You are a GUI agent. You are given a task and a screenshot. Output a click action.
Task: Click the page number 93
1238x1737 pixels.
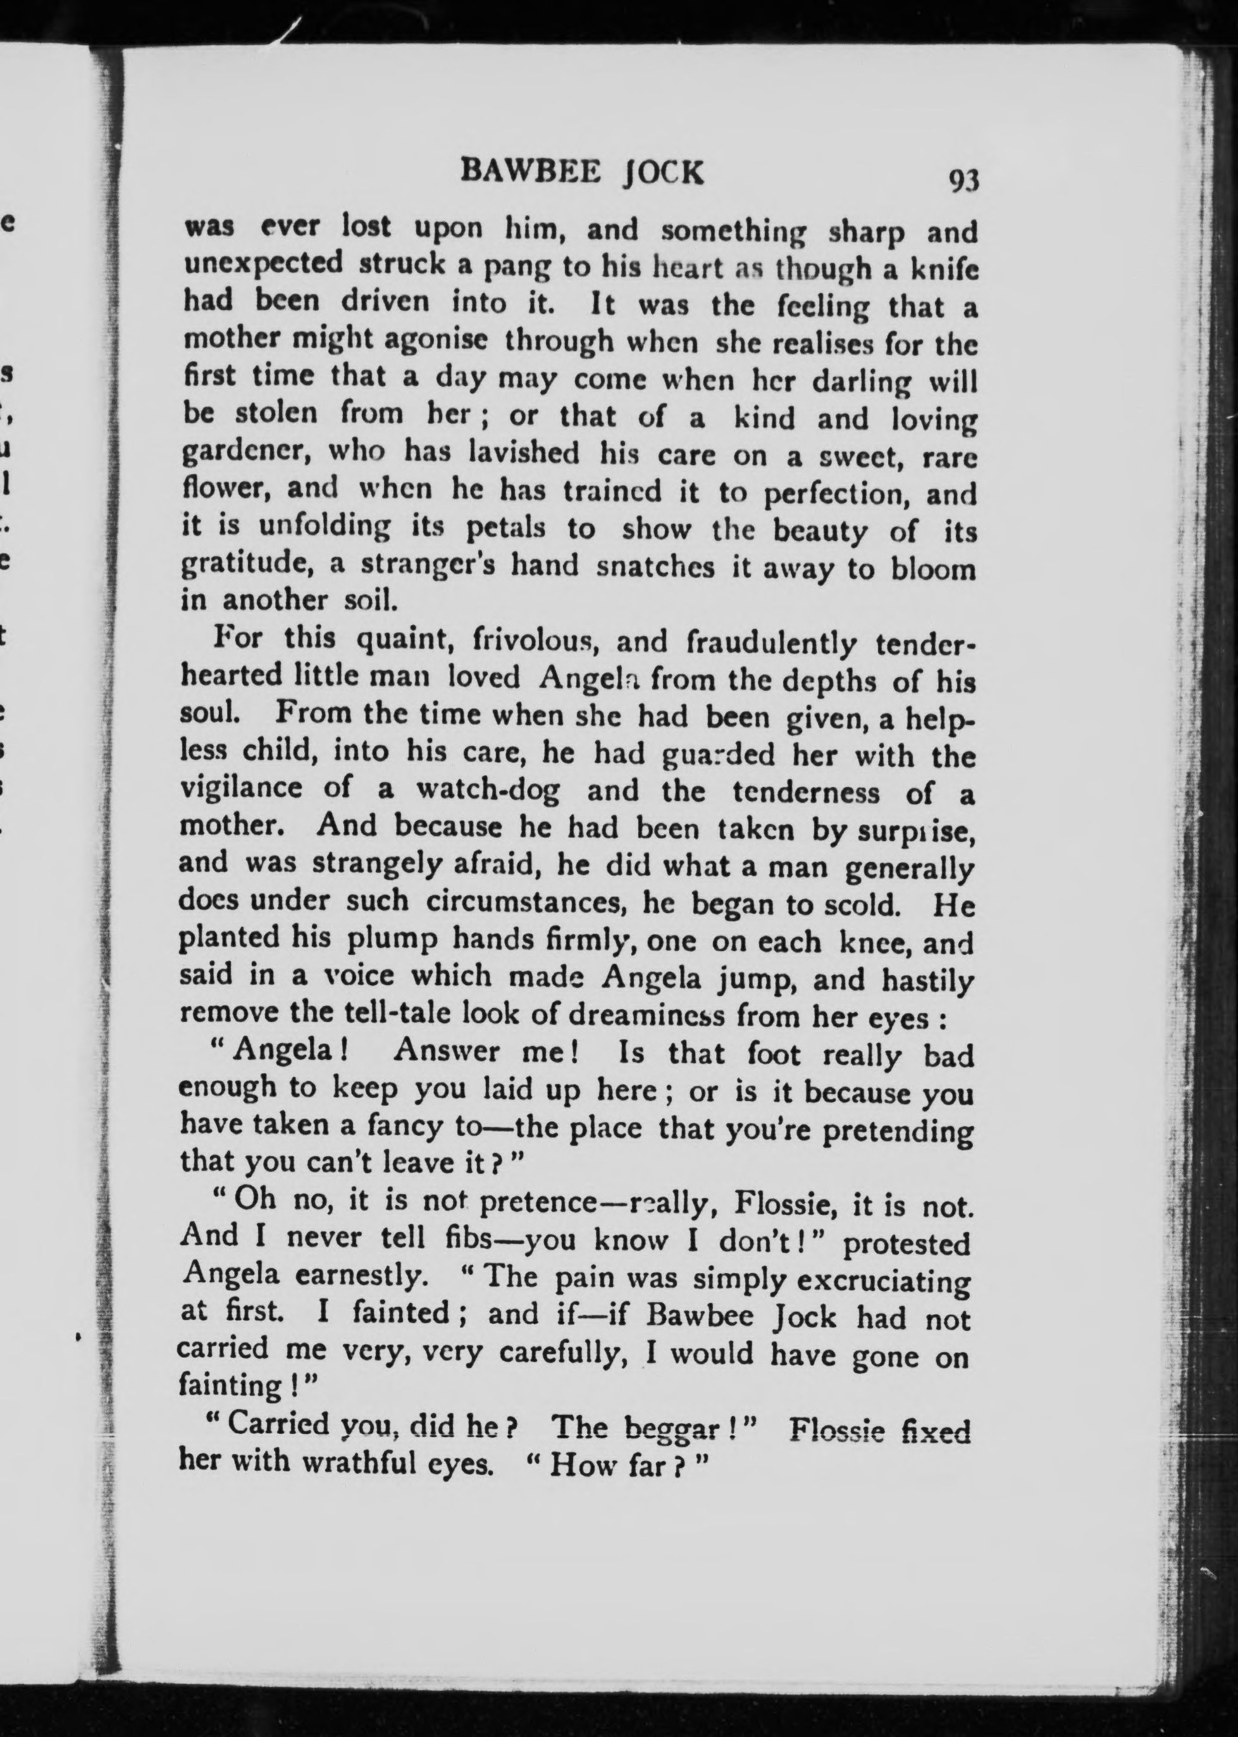click(x=963, y=181)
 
